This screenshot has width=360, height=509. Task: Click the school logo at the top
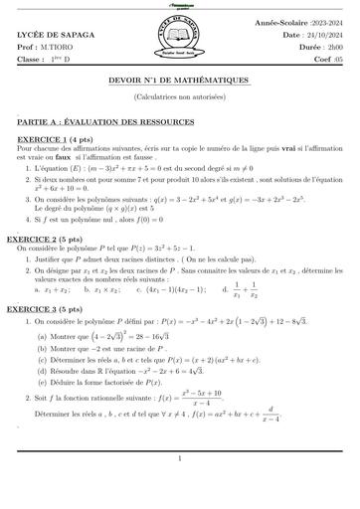(178, 39)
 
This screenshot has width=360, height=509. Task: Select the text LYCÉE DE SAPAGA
(50, 36)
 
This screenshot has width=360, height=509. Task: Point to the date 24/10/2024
(321, 36)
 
